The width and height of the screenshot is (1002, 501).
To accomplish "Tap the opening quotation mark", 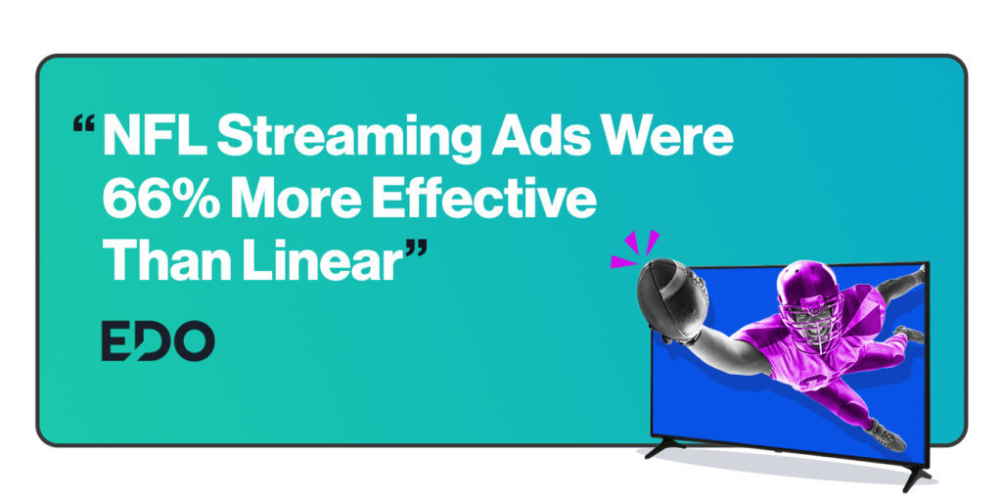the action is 84,123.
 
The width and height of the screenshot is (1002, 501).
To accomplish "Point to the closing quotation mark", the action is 416,249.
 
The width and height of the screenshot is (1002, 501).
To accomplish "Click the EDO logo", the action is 158,341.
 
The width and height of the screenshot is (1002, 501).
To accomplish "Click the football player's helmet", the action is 807,296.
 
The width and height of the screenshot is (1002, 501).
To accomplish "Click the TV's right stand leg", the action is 915,478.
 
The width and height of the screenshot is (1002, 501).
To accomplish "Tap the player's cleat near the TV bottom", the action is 888,435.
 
